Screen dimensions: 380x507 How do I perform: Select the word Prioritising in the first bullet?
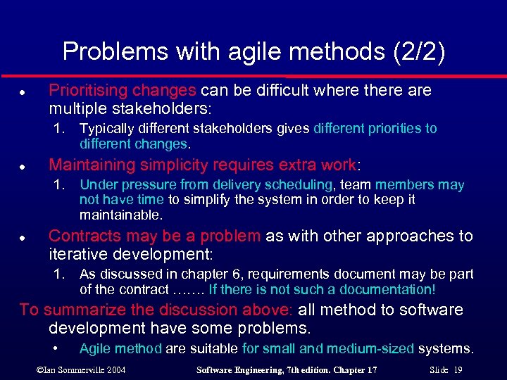click(87, 90)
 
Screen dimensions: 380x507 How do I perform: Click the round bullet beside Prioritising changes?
click(23, 91)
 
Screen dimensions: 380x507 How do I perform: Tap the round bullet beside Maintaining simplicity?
click(23, 166)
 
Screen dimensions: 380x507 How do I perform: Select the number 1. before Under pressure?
click(62, 185)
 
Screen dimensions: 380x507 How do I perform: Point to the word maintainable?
click(120, 215)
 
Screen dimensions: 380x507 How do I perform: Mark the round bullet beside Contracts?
click(23, 237)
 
